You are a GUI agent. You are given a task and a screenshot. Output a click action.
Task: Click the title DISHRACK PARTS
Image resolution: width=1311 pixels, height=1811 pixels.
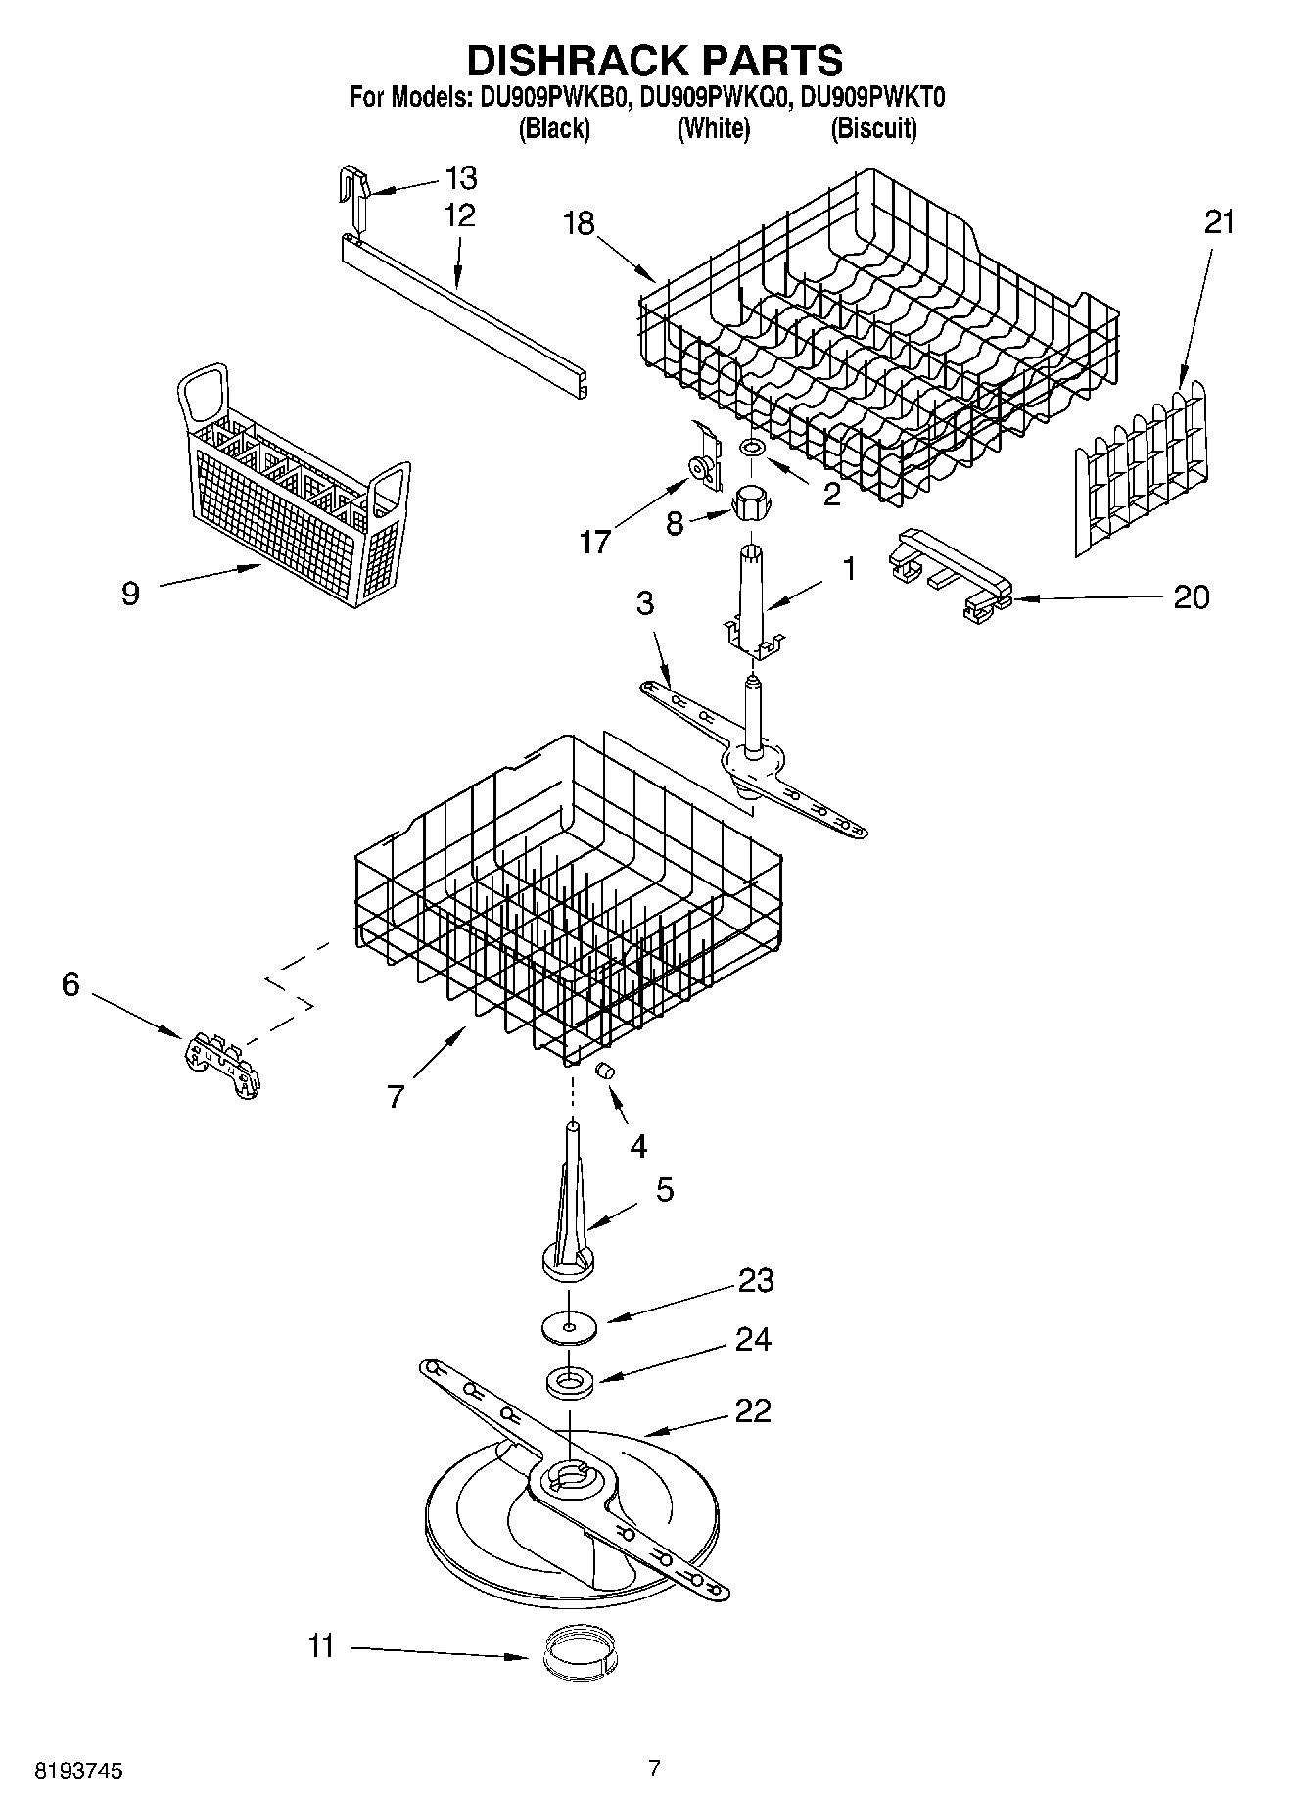654,61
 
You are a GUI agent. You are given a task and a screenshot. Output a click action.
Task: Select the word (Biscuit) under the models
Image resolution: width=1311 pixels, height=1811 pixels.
873,128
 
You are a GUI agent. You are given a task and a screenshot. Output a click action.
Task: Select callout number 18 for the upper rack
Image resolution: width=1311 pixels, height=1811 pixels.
579,223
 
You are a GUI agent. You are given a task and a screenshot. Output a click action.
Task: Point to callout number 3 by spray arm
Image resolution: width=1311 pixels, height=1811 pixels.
644,603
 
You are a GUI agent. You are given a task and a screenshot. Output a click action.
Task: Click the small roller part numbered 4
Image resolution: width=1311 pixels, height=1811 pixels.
605,1069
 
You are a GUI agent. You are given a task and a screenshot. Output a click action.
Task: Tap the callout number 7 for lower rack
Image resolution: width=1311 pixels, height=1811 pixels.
395,1097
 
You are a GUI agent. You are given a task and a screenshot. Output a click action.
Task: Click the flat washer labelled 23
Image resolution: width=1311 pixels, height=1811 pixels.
568,1327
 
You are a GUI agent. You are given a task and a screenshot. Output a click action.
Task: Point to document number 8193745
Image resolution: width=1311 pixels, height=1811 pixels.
78,1770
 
